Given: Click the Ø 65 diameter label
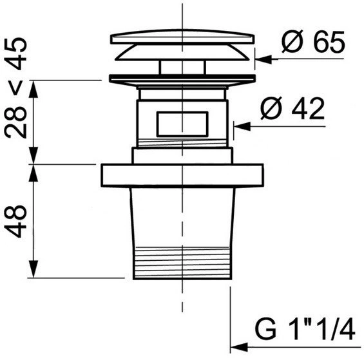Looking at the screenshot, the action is click(313, 42).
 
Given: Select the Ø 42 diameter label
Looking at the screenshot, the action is click(292, 108).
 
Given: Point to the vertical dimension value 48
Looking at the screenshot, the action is click(15, 222).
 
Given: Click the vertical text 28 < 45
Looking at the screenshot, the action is click(15, 88).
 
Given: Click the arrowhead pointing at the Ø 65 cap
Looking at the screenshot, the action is click(263, 59).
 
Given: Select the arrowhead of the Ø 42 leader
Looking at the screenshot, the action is click(242, 126).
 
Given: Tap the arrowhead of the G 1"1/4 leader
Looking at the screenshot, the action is click(239, 348).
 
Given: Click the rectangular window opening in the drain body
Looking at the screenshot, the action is click(182, 124).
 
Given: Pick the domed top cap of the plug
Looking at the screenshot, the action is click(182, 37).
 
